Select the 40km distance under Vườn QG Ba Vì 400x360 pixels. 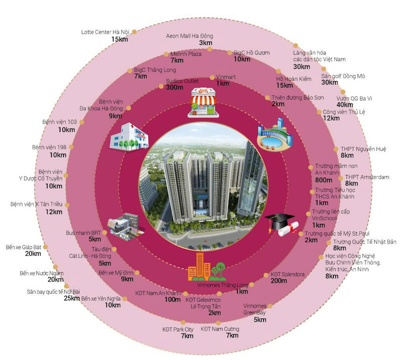pyautogui.click(x=344, y=104)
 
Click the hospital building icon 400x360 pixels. pyautogui.click(x=129, y=135)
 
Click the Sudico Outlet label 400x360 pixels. pyautogui.click(x=181, y=80)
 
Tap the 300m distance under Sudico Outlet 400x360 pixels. pyautogui.click(x=174, y=87)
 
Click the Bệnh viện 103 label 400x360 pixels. pyautogui.click(x=60, y=122)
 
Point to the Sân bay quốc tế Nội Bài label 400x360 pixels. pyautogui.click(x=53, y=291)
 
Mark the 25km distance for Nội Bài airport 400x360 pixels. pyautogui.click(x=71, y=298)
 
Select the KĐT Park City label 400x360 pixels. pyautogui.click(x=177, y=329)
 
